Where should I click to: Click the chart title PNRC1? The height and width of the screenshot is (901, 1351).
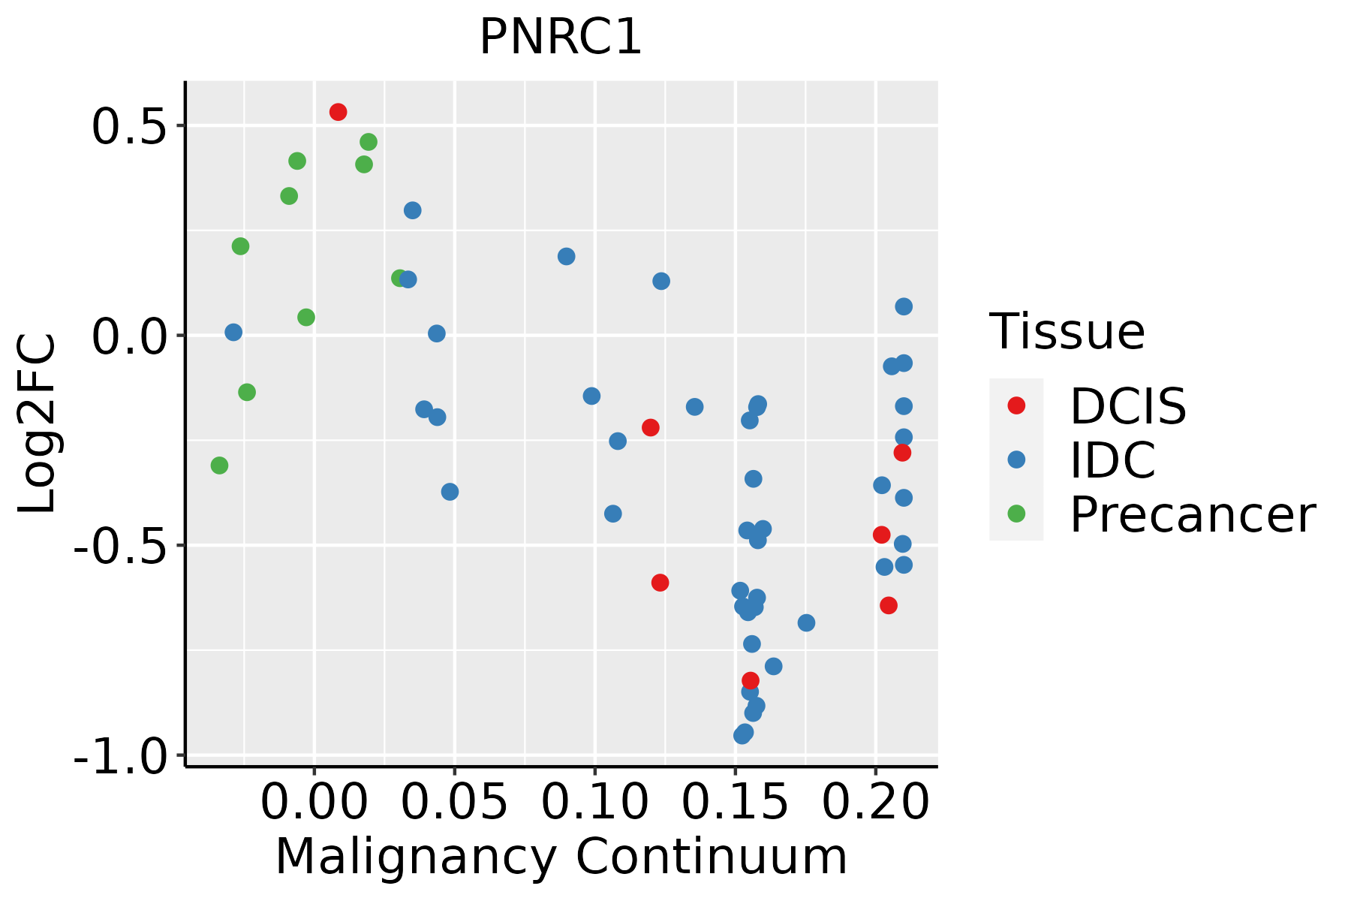561,37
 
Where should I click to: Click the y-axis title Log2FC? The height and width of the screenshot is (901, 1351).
38,424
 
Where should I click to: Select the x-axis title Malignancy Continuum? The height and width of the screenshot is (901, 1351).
561,857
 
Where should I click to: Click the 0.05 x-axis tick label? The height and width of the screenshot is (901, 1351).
454,802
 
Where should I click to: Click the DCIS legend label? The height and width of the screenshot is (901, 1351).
1128,406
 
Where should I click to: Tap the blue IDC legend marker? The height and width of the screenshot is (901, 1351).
1016,460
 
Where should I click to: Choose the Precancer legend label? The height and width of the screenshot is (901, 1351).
1193,515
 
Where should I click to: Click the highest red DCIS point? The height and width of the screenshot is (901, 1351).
339,112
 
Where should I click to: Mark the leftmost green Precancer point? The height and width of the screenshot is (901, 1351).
219,466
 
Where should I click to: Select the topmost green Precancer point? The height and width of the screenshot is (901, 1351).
369,142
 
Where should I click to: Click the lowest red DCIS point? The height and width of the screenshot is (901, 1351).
751,680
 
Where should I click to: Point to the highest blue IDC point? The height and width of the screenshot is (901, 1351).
413,210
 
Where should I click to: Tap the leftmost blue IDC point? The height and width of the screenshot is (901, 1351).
233,332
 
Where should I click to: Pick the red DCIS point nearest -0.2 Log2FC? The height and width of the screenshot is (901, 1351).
651,427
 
